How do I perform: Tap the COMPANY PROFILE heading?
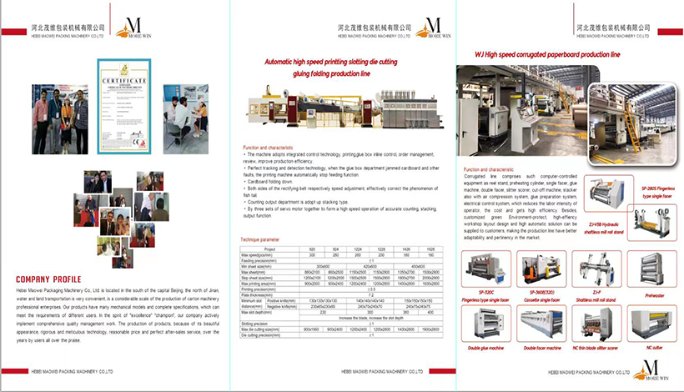tap(48, 279)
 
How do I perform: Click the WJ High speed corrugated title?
tap(547, 55)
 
